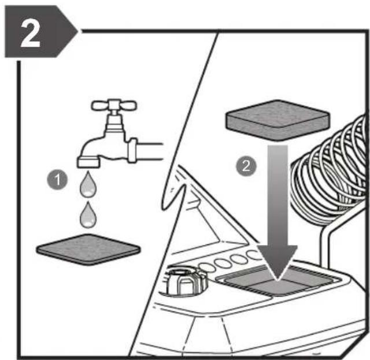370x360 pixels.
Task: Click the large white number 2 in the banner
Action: point(31,33)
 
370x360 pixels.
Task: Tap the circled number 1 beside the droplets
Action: point(57,180)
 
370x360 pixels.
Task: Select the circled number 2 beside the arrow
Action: point(246,166)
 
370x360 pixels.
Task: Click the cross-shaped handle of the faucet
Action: point(114,105)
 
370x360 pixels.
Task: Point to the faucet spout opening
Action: point(88,163)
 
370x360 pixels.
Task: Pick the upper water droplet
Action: point(88,184)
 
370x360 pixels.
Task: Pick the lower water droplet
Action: point(88,215)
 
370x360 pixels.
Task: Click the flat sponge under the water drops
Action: point(88,250)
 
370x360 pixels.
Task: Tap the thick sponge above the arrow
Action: point(277,121)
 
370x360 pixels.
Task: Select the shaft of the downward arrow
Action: point(277,195)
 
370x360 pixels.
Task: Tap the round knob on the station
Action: point(186,281)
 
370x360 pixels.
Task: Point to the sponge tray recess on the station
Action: point(279,281)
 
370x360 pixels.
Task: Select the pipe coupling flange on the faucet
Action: point(132,150)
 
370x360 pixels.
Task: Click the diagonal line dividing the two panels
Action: point(173,194)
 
